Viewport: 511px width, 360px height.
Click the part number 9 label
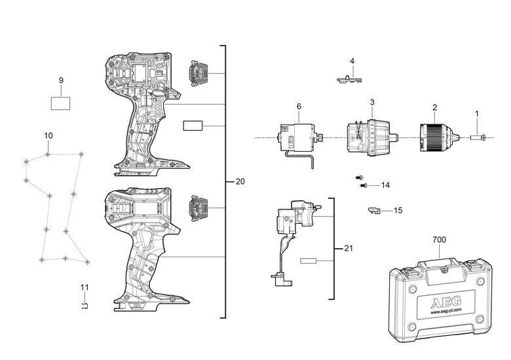(x=62, y=81)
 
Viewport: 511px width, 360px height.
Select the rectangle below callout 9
(x=61, y=103)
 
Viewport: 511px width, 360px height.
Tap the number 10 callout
(x=48, y=135)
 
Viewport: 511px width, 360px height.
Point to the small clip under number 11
(x=85, y=306)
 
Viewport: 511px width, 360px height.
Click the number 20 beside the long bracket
(x=240, y=181)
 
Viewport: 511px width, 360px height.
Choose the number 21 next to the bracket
(x=349, y=248)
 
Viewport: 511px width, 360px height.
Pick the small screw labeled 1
(x=478, y=138)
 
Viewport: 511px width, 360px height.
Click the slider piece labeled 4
(x=349, y=79)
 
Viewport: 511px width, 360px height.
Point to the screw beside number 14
(x=364, y=185)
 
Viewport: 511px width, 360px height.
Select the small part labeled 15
(x=374, y=211)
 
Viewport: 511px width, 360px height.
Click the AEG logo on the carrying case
(x=447, y=302)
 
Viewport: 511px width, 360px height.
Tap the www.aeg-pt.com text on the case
(x=446, y=310)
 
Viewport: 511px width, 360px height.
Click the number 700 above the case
(x=439, y=240)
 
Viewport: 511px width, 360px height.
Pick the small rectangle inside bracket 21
(x=309, y=261)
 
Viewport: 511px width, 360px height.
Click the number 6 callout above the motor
(x=299, y=107)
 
